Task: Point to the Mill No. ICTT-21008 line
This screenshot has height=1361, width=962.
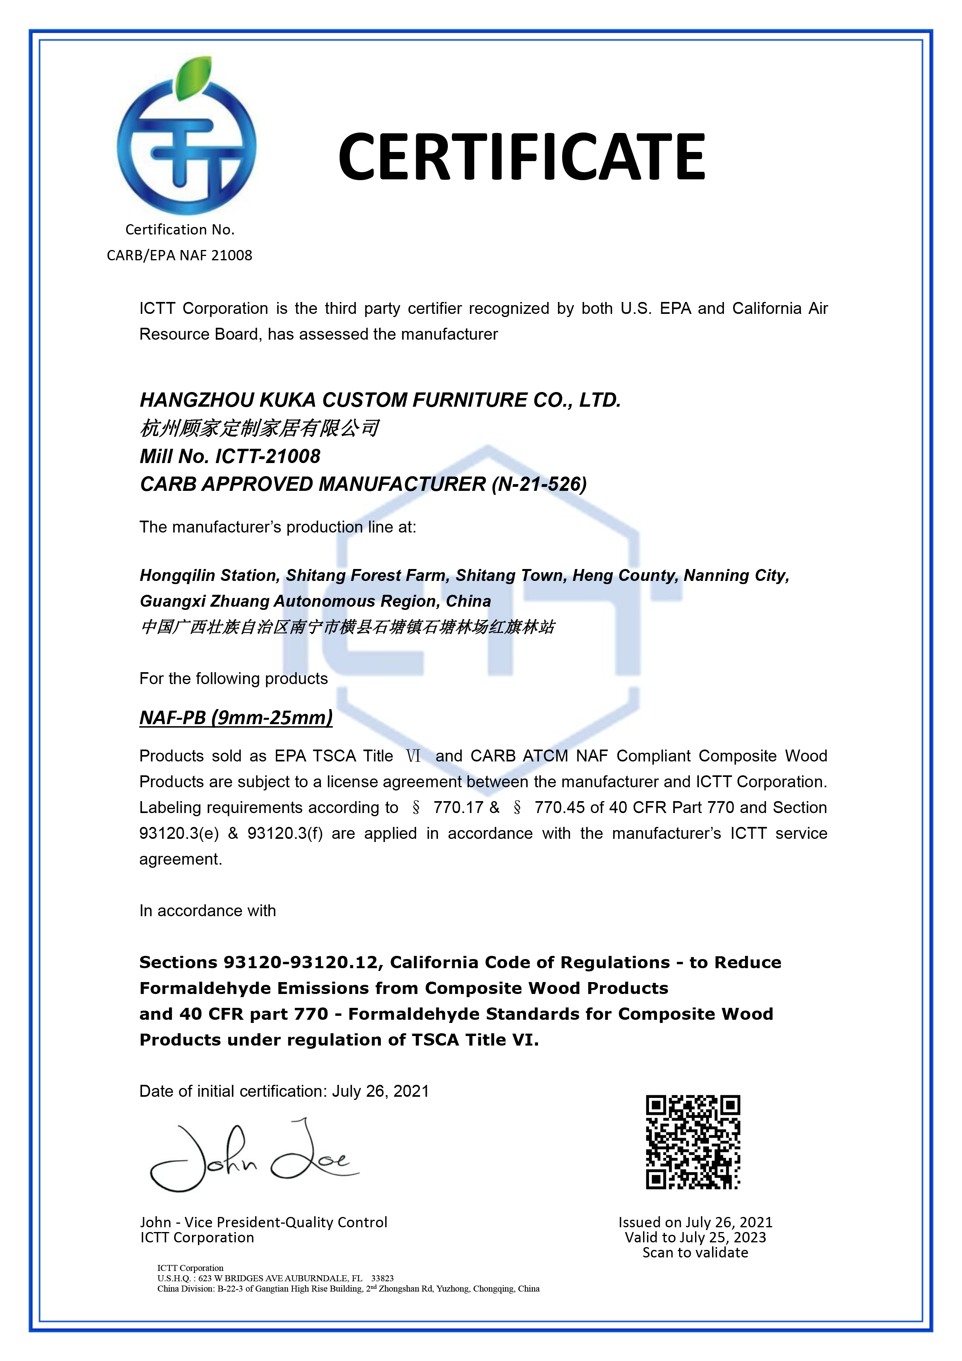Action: click(x=230, y=456)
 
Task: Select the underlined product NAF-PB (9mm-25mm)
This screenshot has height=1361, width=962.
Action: click(x=236, y=717)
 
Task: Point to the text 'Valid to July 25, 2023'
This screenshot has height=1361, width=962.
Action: click(x=695, y=1237)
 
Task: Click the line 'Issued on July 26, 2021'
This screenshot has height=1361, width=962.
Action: click(x=695, y=1222)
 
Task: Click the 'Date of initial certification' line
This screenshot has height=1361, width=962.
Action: click(x=284, y=1091)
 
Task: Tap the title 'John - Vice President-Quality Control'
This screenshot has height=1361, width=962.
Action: click(x=264, y=1222)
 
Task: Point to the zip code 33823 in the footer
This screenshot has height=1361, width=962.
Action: click(x=382, y=1278)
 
